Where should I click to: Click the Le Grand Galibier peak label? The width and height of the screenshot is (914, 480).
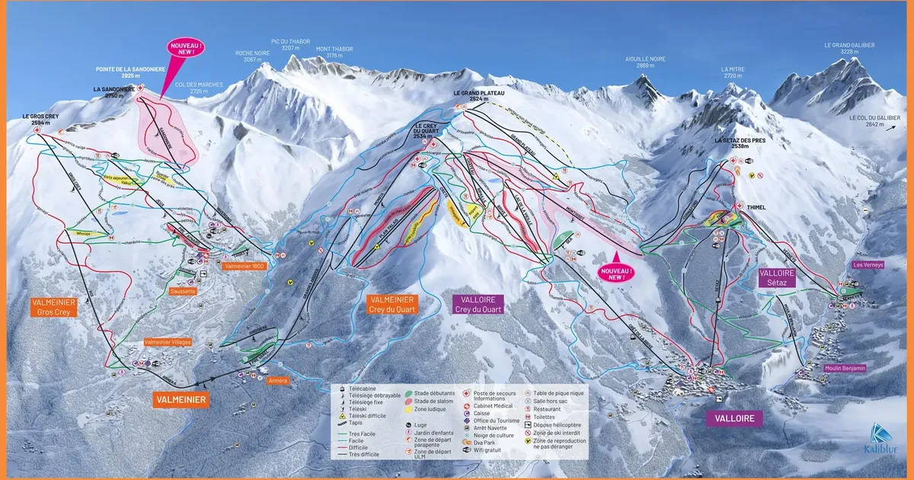[x=849, y=48]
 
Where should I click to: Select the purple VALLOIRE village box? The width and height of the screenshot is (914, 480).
[x=734, y=418]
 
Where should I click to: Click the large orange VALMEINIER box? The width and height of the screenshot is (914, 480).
[x=181, y=398]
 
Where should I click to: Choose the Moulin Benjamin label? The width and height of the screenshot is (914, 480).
[x=844, y=368]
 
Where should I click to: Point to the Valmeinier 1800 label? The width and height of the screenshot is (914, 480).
[x=244, y=266]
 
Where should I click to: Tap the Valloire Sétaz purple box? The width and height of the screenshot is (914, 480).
[x=777, y=277]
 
